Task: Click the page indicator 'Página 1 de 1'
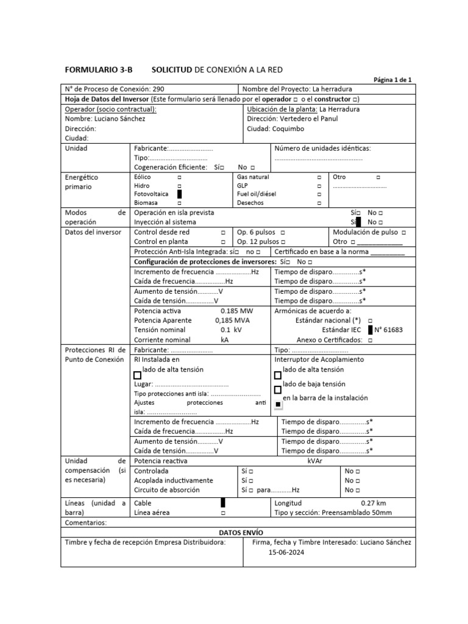[392, 80]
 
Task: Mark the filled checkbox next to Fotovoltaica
[179, 194]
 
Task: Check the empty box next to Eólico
[179, 177]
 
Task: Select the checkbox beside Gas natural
[319, 177]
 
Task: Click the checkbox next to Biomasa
[179, 202]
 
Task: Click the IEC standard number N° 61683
[388, 330]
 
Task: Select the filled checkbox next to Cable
[223, 503]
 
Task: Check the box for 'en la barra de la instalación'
[278, 403]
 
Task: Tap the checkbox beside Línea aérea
[223, 513]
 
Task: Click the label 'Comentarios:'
[85, 522]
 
